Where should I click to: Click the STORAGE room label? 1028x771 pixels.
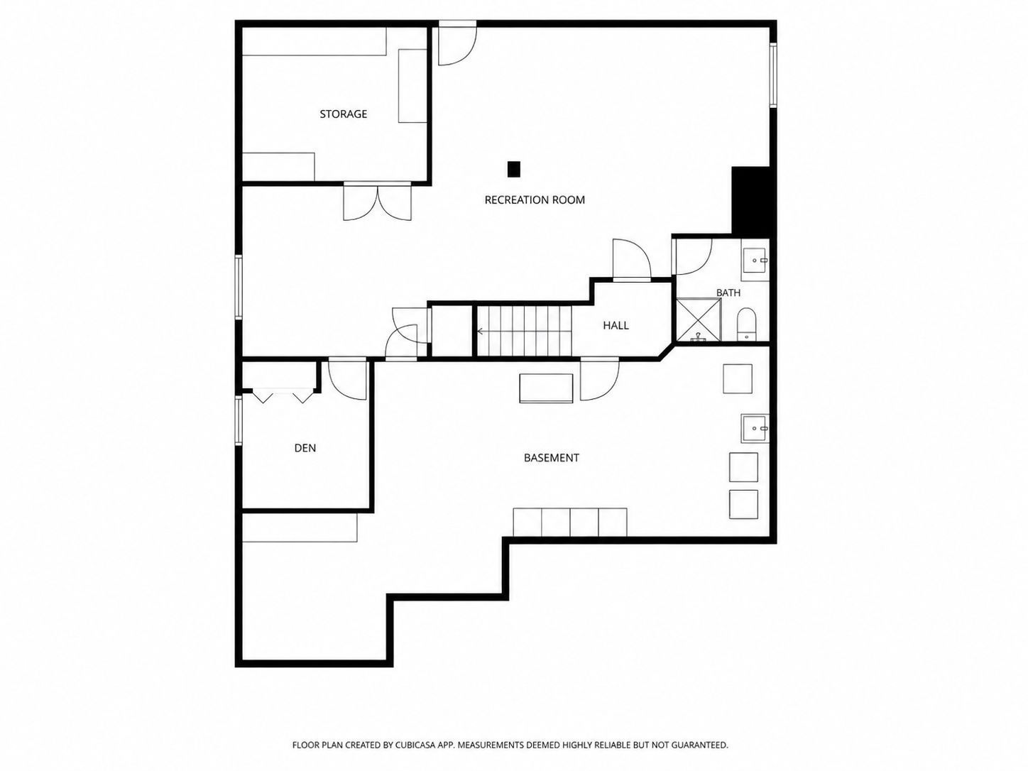[x=343, y=114]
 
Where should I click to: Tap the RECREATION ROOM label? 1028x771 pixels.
[x=535, y=200]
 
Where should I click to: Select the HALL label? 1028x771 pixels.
[x=616, y=325]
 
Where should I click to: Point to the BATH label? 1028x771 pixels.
[x=728, y=292]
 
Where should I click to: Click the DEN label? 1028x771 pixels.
[x=305, y=448]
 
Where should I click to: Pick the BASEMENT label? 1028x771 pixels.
[x=551, y=458]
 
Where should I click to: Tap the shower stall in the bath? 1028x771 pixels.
[x=699, y=320]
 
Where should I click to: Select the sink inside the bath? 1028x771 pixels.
[x=755, y=260]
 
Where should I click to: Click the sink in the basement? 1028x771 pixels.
[x=755, y=428]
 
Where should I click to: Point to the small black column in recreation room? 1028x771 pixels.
[x=514, y=169]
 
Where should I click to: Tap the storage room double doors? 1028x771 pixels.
[x=378, y=202]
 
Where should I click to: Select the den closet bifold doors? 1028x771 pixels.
[x=283, y=395]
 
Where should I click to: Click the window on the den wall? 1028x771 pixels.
[x=239, y=420]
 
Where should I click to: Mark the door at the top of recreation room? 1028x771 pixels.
[x=457, y=43]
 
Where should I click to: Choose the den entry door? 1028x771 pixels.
[x=347, y=379]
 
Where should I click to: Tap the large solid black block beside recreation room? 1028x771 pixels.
[x=750, y=201]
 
